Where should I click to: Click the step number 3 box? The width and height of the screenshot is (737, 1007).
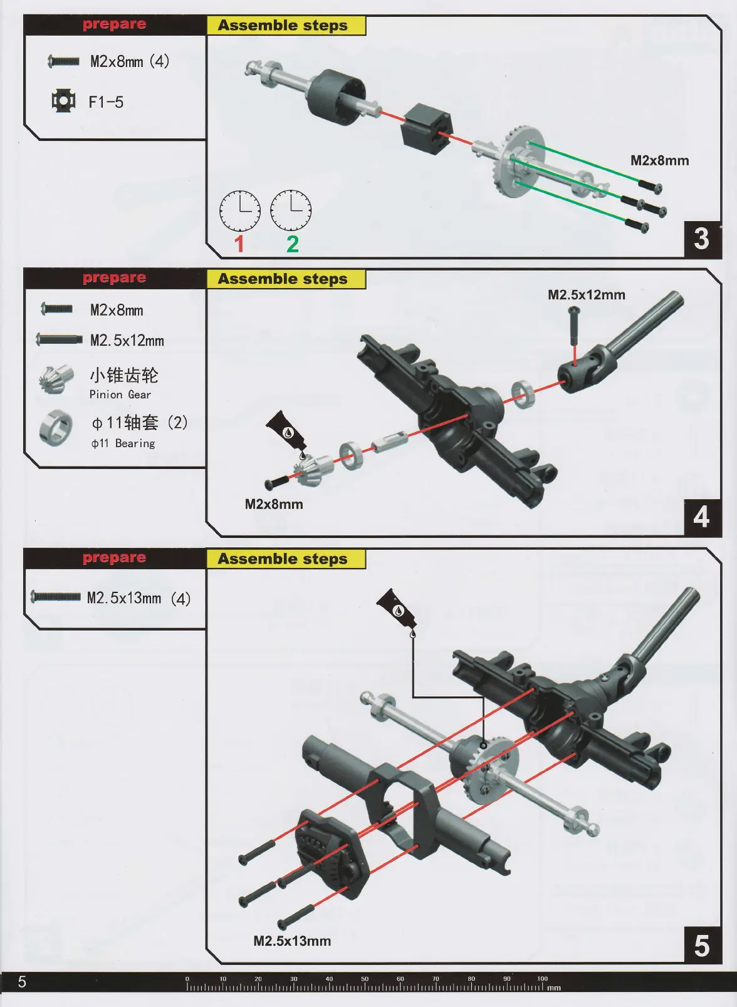(x=702, y=239)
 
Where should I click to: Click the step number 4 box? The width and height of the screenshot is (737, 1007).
(x=702, y=517)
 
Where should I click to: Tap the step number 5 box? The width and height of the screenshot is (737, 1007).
(x=702, y=946)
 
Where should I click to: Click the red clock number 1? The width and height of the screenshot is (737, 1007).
(x=239, y=244)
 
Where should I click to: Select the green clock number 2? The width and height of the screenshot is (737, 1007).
(x=292, y=244)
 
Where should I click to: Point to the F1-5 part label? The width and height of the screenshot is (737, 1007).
(x=106, y=102)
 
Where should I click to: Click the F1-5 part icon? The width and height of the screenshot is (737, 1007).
(x=63, y=101)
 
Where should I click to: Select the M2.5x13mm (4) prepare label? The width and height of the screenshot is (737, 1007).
(x=139, y=598)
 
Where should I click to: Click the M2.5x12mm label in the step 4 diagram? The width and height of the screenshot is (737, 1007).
(x=586, y=295)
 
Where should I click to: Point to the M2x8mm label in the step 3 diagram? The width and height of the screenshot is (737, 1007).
(x=659, y=160)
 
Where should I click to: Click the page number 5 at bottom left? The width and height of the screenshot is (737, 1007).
(x=22, y=981)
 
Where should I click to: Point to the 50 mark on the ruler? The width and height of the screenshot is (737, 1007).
(x=365, y=979)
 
